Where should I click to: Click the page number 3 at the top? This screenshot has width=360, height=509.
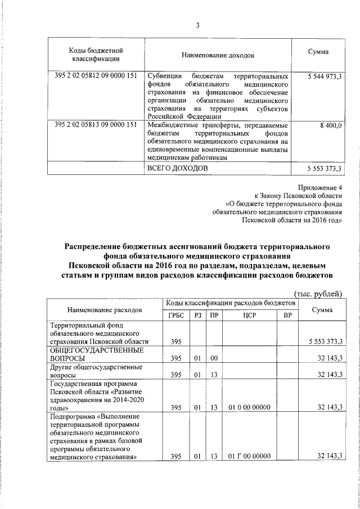click(197, 25)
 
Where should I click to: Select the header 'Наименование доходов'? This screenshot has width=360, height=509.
click(218, 56)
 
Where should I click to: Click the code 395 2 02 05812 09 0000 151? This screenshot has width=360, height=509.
click(96, 76)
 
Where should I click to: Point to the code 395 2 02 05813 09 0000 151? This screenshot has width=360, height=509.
click(96, 125)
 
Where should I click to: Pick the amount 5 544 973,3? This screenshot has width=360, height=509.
click(323, 76)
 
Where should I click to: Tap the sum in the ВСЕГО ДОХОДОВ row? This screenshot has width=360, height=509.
click(323, 169)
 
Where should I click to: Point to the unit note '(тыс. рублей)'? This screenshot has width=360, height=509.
click(318, 293)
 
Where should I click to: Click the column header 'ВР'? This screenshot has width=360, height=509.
click(287, 315)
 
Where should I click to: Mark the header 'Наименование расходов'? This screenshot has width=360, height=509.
click(105, 309)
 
